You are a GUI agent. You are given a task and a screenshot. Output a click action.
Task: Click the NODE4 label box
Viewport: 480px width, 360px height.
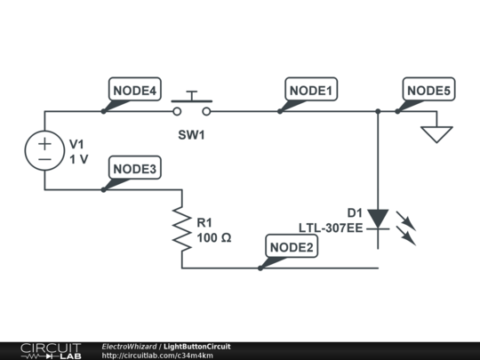point(135,89)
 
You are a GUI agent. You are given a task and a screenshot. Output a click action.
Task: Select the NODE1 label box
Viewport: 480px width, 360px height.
point(311,89)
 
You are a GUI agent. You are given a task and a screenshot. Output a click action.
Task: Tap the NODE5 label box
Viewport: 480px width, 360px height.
point(428,89)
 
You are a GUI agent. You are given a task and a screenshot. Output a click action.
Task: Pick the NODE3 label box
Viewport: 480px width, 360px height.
point(135,167)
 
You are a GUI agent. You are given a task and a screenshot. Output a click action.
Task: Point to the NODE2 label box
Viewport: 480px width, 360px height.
point(292,246)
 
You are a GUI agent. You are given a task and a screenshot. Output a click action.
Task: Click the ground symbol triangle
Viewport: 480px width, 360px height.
point(436,133)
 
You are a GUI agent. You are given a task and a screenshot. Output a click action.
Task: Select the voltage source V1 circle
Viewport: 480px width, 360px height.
point(44,150)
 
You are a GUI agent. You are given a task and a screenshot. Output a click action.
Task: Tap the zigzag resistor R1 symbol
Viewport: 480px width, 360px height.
point(182,229)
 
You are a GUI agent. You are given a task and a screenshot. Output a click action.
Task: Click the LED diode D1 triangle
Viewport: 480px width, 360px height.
point(378,219)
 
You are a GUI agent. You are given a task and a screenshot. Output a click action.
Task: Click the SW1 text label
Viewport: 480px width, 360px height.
point(191,135)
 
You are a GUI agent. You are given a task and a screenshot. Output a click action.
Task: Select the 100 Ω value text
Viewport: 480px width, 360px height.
point(214,238)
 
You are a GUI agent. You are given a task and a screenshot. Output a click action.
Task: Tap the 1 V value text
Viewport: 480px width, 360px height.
point(79,159)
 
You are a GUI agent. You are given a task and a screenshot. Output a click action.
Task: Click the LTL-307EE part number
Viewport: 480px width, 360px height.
point(331,228)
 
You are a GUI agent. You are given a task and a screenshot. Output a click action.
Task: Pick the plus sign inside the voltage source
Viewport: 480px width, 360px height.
point(44,144)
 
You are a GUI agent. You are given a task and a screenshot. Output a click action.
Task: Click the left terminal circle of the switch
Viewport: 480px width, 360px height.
point(177,111)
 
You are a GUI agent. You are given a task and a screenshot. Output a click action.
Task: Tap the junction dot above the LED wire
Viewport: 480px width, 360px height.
point(378,111)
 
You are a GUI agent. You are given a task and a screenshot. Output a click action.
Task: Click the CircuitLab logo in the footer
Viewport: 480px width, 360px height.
point(51,351)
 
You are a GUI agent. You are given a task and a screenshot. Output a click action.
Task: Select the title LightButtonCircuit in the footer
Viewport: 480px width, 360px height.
point(197,347)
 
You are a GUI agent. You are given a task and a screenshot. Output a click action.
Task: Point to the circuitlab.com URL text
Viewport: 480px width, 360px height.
point(157,356)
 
